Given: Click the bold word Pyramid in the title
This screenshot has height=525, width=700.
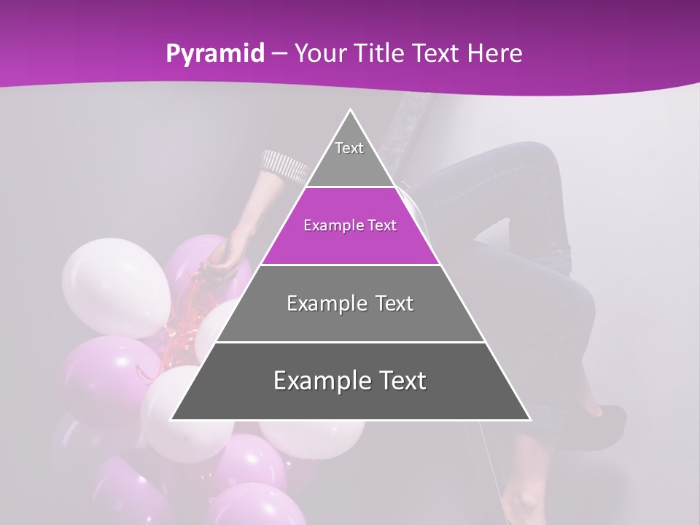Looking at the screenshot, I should point(214,54).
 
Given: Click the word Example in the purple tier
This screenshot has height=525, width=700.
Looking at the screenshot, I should point(327,226).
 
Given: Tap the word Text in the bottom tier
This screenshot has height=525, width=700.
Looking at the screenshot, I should point(398,381).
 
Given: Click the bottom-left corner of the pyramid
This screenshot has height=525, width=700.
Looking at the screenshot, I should point(172,419).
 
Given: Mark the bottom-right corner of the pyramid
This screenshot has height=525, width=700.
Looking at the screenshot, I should point(529,419).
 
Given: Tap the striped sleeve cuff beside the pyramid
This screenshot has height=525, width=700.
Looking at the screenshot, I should point(286,165).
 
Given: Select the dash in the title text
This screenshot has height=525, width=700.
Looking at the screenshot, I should point(279,54).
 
